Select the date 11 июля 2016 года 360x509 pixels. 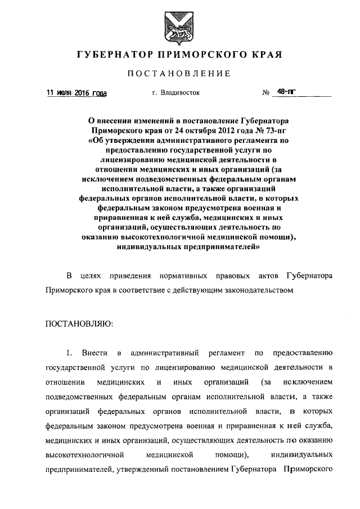click(x=76, y=93)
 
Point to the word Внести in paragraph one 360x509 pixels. click(x=94, y=353)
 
